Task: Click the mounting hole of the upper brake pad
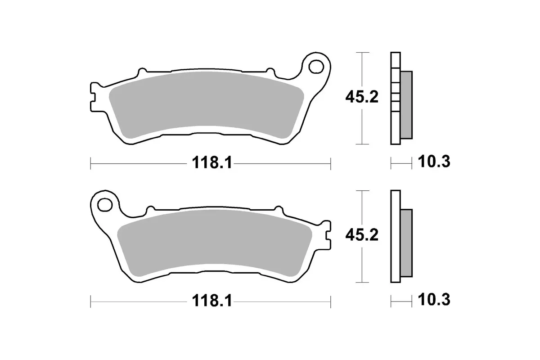316,66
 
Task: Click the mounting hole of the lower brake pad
105,205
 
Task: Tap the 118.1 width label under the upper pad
212,163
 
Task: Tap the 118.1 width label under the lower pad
212,301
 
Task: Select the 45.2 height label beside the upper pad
361,97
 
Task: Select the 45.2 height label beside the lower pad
361,235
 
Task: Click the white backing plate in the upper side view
395,130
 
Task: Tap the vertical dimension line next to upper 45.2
362,126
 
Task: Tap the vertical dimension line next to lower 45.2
362,265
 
